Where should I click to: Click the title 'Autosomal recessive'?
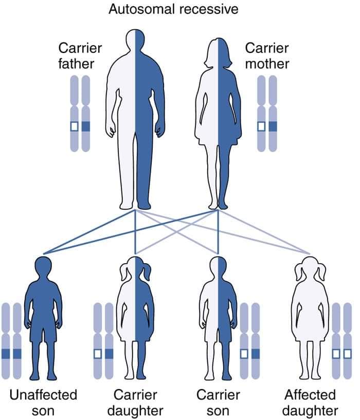(x=173, y=9)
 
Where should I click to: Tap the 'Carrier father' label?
(x=80, y=56)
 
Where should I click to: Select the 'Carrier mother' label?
(x=267, y=56)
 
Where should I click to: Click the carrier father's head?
(x=135, y=40)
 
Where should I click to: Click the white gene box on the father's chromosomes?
(x=74, y=126)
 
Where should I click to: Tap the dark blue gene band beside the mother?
(x=273, y=126)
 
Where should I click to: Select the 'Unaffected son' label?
(x=43, y=403)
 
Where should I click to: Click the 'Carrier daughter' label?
(x=135, y=403)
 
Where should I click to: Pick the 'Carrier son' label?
(x=218, y=403)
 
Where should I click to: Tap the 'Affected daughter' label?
(x=311, y=403)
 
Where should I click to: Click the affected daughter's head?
(x=310, y=269)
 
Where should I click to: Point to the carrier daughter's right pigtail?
(x=147, y=271)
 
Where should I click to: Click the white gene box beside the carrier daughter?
(x=98, y=354)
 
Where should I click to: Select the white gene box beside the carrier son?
(x=244, y=354)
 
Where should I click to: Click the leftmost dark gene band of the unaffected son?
(x=6, y=354)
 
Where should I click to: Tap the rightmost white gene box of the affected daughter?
(x=348, y=354)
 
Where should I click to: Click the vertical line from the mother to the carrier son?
(x=218, y=232)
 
